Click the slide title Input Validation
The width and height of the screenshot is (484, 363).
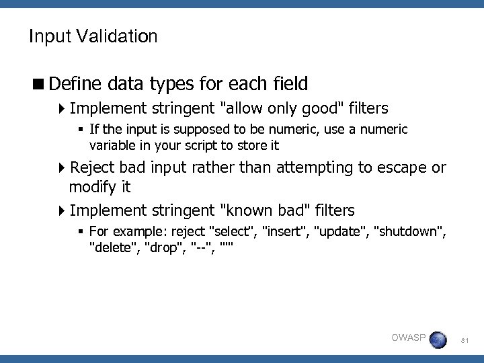pyautogui.click(x=93, y=36)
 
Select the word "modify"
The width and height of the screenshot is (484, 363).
pyautogui.click(x=93, y=186)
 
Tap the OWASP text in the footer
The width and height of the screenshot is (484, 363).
pyautogui.click(x=408, y=337)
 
